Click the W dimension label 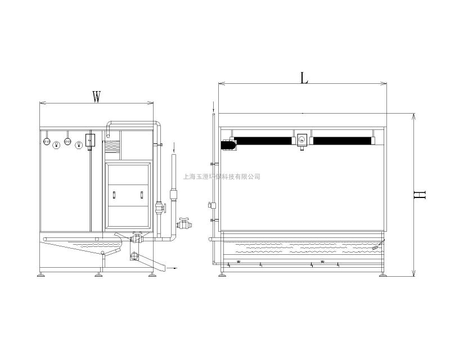97,97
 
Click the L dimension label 304,78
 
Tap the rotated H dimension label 419,195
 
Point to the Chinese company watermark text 222,177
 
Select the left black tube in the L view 263,141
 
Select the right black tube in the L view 342,141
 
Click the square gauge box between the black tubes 301,140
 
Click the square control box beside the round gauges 90,140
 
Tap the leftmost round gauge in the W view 47,141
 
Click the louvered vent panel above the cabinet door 112,146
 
